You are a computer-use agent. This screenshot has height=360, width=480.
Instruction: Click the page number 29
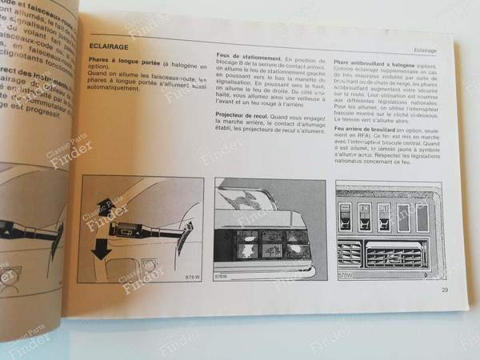click(445, 290)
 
